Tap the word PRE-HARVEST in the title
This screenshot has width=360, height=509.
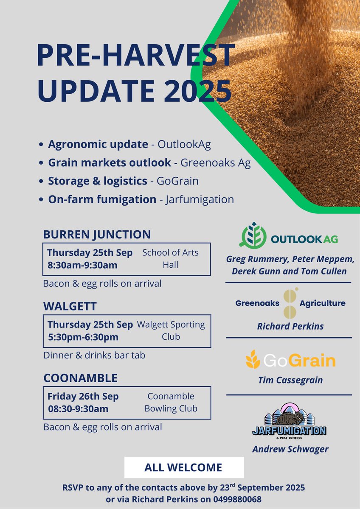(x=136, y=55)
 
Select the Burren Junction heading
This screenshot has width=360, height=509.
(x=97, y=234)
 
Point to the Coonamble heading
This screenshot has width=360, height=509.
(x=80, y=378)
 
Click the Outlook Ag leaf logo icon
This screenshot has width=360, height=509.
(x=253, y=235)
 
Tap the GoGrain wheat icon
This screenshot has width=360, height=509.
(x=253, y=360)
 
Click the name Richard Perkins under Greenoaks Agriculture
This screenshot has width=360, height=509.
(x=290, y=327)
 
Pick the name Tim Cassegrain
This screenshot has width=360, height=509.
(x=290, y=380)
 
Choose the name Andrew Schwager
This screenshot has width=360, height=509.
(x=290, y=449)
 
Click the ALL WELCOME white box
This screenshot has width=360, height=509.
(x=184, y=467)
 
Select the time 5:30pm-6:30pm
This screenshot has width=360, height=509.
(x=83, y=337)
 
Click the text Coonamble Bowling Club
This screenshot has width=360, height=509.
(x=171, y=403)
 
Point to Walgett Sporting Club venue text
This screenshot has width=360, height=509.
(x=171, y=330)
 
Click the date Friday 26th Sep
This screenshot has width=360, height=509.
(x=83, y=397)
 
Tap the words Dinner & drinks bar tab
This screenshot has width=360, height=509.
(x=94, y=355)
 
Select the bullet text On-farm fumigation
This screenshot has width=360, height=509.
(x=102, y=199)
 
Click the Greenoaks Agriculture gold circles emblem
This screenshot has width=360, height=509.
(x=290, y=303)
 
